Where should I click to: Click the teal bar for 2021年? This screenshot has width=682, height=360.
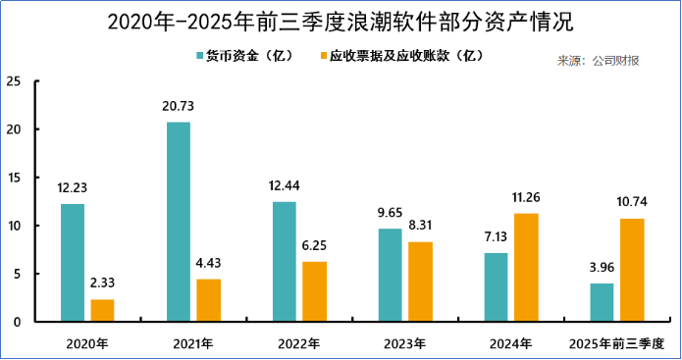point(179,222)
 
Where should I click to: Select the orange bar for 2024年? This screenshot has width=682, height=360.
point(526,267)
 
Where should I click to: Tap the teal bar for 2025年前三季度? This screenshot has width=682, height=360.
point(602,302)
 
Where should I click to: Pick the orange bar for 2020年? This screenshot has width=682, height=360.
point(102,310)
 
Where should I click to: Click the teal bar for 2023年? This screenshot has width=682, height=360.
point(390,275)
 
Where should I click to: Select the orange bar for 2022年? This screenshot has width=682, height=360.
point(314,291)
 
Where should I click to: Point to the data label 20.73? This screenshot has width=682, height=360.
point(179,106)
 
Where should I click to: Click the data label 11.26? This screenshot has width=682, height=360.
point(526,197)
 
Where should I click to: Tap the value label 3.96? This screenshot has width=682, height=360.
point(602,268)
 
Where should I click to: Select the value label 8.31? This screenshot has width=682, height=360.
point(420,226)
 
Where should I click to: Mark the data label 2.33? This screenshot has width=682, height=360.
point(102,283)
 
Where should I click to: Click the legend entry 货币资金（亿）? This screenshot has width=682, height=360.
point(245,56)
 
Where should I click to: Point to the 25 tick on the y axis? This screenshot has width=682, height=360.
point(14,81)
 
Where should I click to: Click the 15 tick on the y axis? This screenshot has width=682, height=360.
point(14,178)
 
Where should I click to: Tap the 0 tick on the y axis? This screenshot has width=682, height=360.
point(18,322)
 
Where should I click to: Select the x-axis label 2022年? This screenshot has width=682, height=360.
point(298,343)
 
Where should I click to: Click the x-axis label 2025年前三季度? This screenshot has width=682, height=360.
point(616,343)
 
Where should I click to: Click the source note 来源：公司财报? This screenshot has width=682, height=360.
point(600,62)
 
